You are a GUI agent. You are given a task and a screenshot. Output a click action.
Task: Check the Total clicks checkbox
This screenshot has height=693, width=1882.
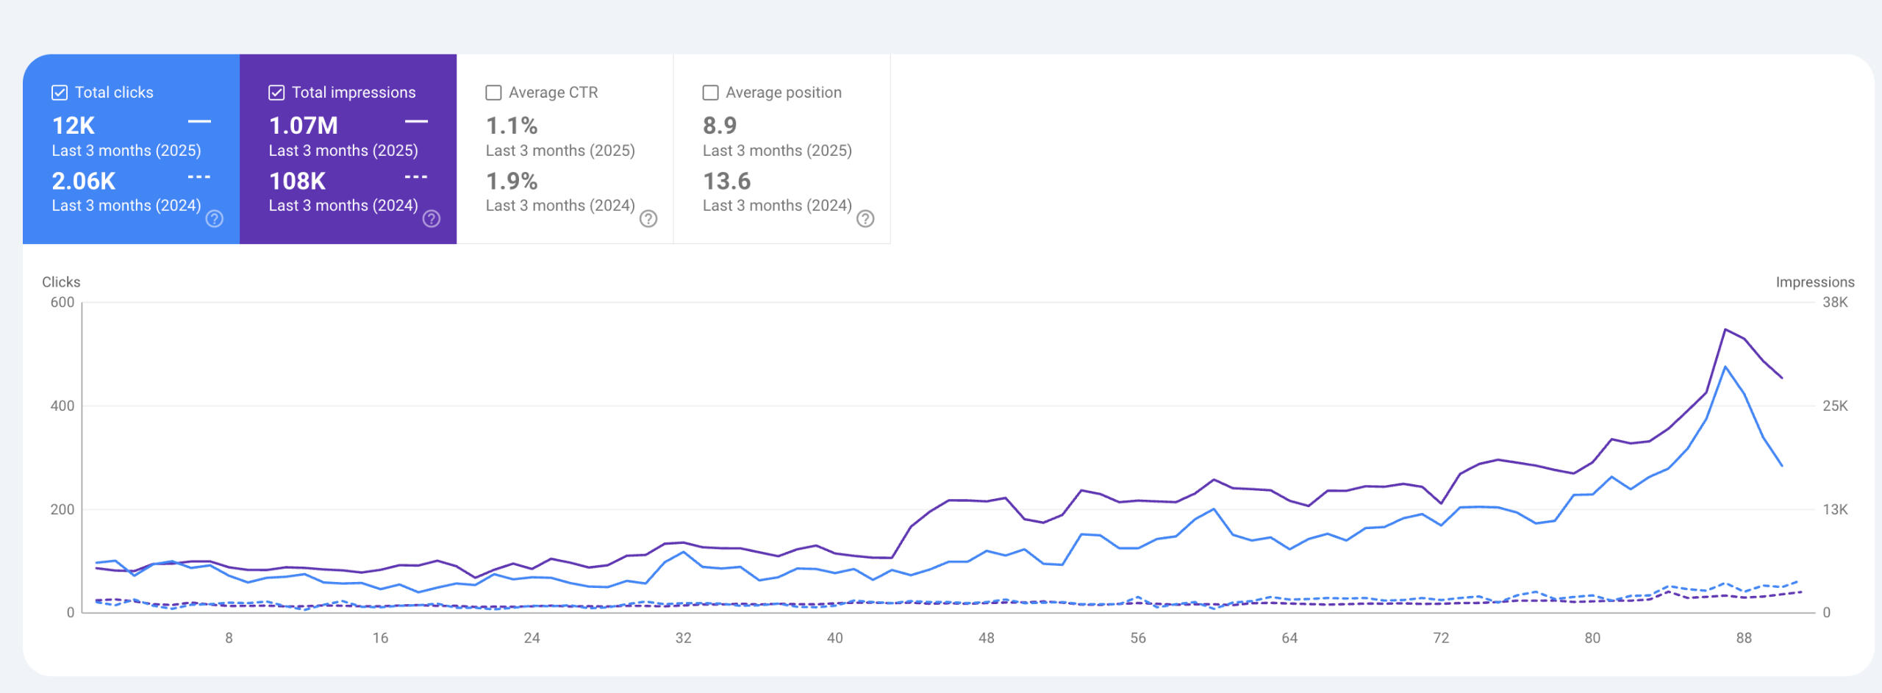[x=60, y=93]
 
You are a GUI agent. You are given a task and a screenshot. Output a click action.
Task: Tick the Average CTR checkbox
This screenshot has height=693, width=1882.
[x=493, y=93]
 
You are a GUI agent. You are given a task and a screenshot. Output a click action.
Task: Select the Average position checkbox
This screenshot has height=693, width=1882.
[x=710, y=93]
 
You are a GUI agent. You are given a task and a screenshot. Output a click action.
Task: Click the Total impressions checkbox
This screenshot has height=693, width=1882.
[x=276, y=93]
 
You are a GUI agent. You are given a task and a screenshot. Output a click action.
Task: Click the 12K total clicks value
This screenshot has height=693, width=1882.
[x=74, y=126]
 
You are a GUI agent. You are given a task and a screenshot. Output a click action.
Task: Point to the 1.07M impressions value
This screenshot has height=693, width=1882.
[x=303, y=126]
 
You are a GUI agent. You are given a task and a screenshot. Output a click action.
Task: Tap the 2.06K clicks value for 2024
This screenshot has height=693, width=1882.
[x=84, y=181]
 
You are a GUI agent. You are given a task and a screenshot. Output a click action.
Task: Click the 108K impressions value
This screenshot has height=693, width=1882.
[x=297, y=181]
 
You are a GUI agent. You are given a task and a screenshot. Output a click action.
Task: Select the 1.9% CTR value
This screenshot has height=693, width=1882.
[x=512, y=181]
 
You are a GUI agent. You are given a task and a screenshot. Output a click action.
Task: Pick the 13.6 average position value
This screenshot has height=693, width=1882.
[x=726, y=181]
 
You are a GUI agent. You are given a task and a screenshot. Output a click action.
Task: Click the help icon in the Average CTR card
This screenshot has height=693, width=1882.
[x=648, y=219]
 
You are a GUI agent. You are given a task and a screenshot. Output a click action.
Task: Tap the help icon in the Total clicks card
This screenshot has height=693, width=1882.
[x=215, y=219]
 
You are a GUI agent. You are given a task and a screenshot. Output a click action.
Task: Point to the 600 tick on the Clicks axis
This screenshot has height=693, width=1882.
[x=62, y=302]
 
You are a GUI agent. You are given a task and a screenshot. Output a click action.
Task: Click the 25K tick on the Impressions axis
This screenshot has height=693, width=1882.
[x=1835, y=406]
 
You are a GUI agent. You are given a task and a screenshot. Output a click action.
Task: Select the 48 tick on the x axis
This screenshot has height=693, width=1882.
[x=987, y=638]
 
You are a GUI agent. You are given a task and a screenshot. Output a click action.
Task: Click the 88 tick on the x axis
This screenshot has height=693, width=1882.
[x=1744, y=638]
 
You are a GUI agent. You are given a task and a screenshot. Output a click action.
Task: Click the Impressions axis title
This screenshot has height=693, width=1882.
[x=1814, y=282]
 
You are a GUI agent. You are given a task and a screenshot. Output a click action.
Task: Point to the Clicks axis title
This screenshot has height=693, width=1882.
[x=61, y=282]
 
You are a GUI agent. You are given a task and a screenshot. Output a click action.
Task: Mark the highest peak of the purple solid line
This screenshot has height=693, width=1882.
[x=1725, y=329]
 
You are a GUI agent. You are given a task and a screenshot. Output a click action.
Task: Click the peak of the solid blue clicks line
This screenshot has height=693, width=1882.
[x=1725, y=366]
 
